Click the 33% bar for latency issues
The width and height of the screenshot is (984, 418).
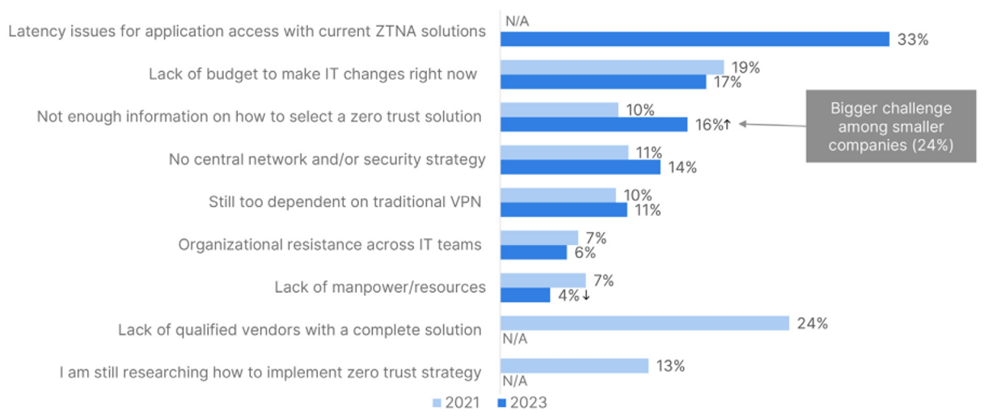pyautogui.click(x=695, y=39)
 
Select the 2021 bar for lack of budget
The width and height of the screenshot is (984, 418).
pyautogui.click(x=612, y=67)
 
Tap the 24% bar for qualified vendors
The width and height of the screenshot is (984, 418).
pyautogui.click(x=644, y=323)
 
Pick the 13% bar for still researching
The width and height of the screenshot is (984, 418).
pyautogui.click(x=574, y=366)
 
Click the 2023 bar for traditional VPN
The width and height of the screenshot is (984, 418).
pyautogui.click(x=564, y=210)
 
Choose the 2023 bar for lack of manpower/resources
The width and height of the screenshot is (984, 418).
pyautogui.click(x=525, y=296)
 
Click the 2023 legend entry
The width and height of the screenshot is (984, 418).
pyautogui.click(x=517, y=402)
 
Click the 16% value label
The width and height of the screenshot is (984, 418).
pyautogui.click(x=708, y=125)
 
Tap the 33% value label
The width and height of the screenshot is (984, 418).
pyautogui.click(x=912, y=40)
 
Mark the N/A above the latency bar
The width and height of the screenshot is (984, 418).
pyautogui.click(x=517, y=19)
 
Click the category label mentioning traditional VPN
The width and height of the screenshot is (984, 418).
pyautogui.click(x=345, y=201)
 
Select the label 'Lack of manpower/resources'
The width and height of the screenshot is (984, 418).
pyautogui.click(x=380, y=287)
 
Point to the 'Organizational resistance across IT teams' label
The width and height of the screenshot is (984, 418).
pyautogui.click(x=330, y=244)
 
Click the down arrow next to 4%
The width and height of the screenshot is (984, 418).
pyautogui.click(x=585, y=296)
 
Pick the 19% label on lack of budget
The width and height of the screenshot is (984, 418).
pyautogui.click(x=746, y=67)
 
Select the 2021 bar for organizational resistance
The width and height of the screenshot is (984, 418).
pyautogui.click(x=539, y=238)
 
